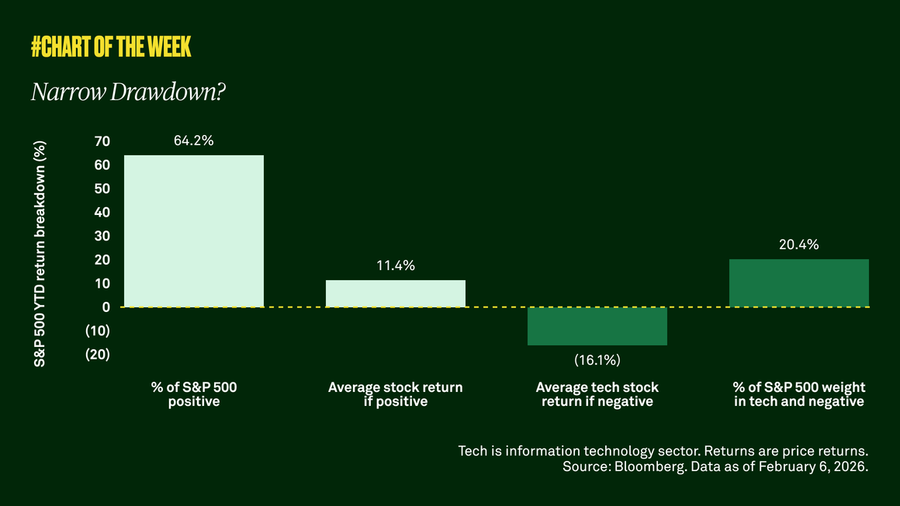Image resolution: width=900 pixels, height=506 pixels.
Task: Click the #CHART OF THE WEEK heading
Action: [111, 47]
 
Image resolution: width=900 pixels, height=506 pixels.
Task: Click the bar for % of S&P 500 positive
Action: [194, 230]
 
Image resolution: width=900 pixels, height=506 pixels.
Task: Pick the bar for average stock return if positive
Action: [396, 293]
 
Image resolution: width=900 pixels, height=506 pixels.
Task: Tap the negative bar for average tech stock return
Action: [597, 326]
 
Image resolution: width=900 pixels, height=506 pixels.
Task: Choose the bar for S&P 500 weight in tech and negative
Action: [799, 282]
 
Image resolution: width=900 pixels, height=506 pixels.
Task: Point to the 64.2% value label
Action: [194, 140]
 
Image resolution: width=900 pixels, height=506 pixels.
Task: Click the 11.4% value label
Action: [396, 265]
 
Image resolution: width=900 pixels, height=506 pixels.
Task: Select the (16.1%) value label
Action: [597, 361]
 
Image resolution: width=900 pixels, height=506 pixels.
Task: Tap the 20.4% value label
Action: [799, 244]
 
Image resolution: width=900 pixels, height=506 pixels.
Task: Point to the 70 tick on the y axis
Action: [102, 141]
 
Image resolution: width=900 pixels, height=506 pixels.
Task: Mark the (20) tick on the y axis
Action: [98, 354]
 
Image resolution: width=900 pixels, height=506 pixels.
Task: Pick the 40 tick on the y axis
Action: [102, 212]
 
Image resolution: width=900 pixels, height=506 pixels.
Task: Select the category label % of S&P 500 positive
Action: [194, 394]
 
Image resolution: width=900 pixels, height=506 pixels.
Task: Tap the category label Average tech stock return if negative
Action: [597, 394]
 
